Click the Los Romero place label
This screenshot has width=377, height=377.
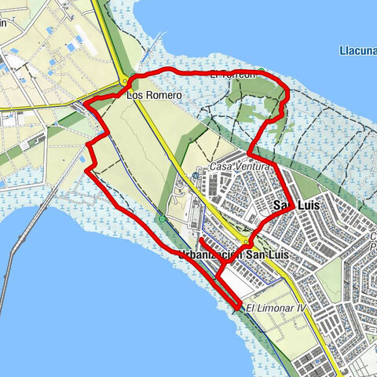[154, 95]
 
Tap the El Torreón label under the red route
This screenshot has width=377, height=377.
[232, 75]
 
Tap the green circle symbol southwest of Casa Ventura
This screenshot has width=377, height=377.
[161, 219]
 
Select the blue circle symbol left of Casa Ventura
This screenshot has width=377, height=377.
[196, 176]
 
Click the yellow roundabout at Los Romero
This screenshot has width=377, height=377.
[125, 80]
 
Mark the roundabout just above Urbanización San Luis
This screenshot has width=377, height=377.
[247, 241]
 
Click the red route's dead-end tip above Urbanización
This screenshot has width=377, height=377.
[201, 239]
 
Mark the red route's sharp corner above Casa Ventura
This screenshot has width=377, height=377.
[250, 152]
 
